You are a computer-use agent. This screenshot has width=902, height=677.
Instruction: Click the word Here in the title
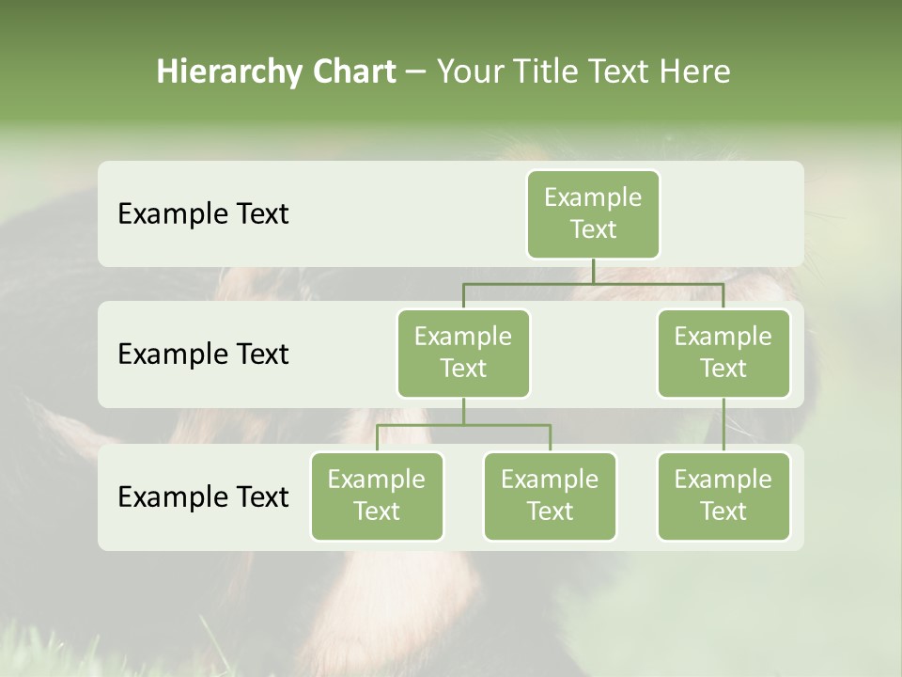[695, 71]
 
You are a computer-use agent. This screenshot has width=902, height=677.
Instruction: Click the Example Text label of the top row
[203, 214]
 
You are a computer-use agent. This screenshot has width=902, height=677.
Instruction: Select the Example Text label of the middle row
[203, 354]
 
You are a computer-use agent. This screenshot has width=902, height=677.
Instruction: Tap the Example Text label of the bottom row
[203, 496]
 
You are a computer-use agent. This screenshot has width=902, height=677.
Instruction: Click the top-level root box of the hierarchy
[593, 213]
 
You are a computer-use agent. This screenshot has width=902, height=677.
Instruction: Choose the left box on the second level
[463, 353]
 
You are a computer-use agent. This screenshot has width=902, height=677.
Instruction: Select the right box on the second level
[723, 353]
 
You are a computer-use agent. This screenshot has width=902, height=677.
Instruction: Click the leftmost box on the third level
[377, 496]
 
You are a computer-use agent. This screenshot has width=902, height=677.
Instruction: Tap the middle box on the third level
[550, 496]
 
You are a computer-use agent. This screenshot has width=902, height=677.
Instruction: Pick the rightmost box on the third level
[723, 496]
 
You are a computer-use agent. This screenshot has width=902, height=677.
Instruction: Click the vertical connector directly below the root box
[593, 271]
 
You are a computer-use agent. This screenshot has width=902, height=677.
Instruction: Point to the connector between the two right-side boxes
[723, 425]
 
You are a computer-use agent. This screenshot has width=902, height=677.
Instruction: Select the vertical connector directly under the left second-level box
[463, 411]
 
